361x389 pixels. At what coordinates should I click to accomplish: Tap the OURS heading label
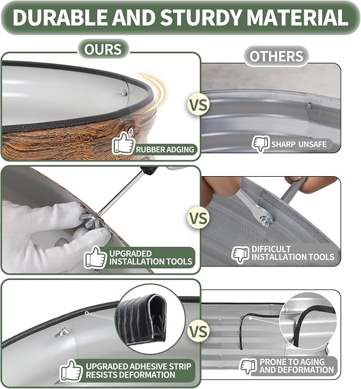pyautogui.click(x=103, y=49)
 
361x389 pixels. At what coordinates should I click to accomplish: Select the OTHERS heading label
pyautogui.click(x=276, y=56)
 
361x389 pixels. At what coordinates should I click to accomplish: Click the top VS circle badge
pyautogui.click(x=198, y=105)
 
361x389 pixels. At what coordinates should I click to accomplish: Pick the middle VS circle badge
pyautogui.click(x=198, y=218)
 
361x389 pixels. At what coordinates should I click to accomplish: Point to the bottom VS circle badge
pyautogui.click(x=198, y=332)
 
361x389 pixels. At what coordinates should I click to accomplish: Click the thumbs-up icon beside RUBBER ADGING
pyautogui.click(x=123, y=144)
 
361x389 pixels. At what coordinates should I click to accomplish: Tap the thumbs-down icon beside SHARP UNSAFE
pyautogui.click(x=261, y=144)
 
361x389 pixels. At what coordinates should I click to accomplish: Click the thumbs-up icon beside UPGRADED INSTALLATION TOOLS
pyautogui.click(x=95, y=257)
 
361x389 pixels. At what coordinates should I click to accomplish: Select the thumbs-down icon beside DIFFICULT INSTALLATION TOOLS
pyautogui.click(x=240, y=254)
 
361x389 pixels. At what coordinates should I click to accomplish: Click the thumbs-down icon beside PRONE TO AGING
pyautogui.click(x=248, y=366)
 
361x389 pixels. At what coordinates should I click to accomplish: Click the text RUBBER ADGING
pyautogui.click(x=165, y=150)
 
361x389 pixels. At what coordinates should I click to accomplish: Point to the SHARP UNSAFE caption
pyautogui.click(x=299, y=144)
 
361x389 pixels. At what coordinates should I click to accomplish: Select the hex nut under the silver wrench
pyautogui.click(x=265, y=221)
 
